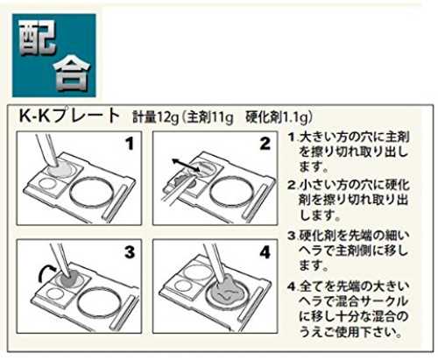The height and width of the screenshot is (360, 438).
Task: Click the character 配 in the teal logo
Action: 38,38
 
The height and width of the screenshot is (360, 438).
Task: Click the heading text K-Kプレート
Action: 69,116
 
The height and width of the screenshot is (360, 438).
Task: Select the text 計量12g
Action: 155,117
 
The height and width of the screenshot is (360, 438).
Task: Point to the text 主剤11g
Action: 210,117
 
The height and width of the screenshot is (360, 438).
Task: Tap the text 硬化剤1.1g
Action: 277,117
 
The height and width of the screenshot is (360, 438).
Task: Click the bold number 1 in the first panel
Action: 129,144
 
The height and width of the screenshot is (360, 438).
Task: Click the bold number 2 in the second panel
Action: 265,144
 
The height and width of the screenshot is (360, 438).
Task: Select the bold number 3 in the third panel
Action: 130,252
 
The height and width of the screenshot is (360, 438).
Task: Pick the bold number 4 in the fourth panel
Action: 265,252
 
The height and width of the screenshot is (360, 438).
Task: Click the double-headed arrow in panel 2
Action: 186,165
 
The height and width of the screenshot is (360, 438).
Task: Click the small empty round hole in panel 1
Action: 48,185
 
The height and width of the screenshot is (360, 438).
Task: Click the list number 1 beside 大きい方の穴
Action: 292,138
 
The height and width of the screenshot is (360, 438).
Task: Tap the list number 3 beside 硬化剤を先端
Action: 292,236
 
